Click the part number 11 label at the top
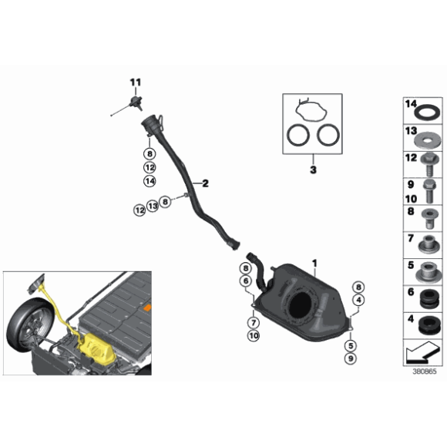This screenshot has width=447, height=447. (x=136, y=82)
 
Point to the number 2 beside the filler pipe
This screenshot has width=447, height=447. (x=206, y=183)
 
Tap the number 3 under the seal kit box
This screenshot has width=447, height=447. (x=313, y=169)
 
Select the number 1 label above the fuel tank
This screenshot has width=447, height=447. (x=314, y=263)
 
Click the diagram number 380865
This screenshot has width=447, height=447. (x=424, y=370)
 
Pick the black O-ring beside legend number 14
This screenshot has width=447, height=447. (x=425, y=113)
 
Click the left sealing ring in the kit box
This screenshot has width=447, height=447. (x=297, y=137)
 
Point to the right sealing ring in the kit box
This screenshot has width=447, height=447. (x=327, y=137)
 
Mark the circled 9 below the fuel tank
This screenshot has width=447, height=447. (x=351, y=358)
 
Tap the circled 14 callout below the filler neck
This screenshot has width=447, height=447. (x=150, y=180)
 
